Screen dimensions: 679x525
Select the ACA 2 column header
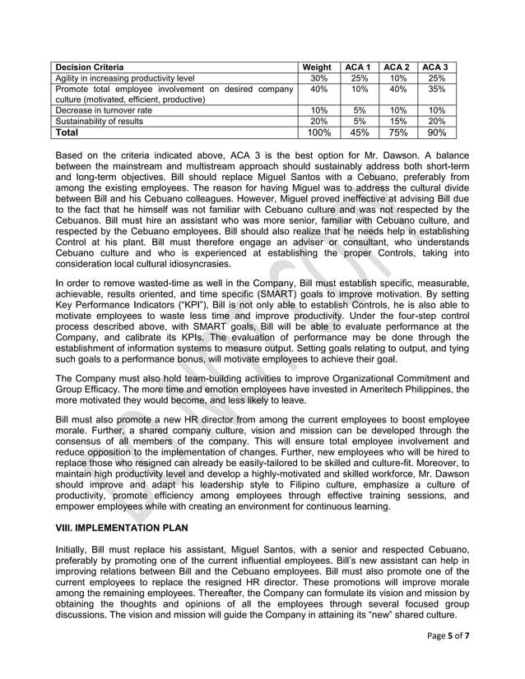pos(398,67)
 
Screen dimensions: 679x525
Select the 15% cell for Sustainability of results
pos(398,121)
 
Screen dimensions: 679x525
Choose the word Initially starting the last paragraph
pos(73,549)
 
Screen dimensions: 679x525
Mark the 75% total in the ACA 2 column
pos(398,132)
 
